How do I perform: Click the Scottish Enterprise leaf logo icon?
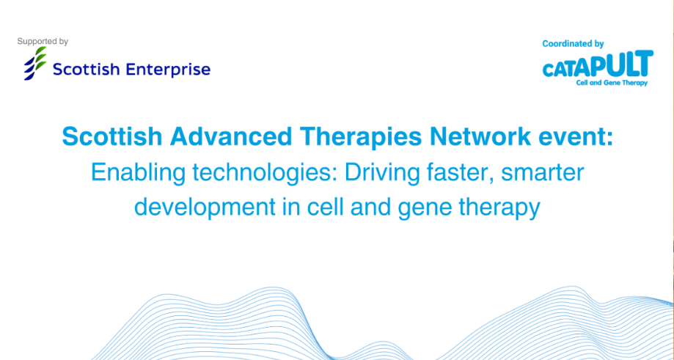(x=35, y=63)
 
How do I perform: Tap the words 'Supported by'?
(x=43, y=42)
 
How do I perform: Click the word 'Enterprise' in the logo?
(x=171, y=70)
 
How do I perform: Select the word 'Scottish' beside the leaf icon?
(x=89, y=69)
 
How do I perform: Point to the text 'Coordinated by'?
(x=573, y=44)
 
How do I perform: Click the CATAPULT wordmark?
(x=598, y=65)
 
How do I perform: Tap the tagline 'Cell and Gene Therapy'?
(x=612, y=83)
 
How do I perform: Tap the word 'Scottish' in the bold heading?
(x=112, y=137)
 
